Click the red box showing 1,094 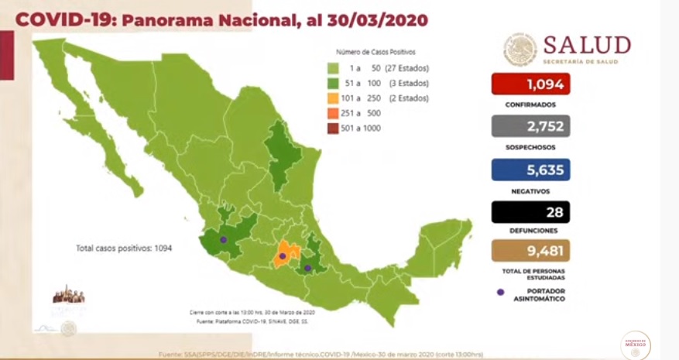pos(530,84)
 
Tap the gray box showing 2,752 pos(530,126)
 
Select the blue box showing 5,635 pos(530,170)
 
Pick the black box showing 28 pos(530,211)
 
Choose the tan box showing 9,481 pos(530,250)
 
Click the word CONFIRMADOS pos(530,104)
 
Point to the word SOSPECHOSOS pos(530,147)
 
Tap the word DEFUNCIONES pos(530,231)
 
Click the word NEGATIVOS pos(530,190)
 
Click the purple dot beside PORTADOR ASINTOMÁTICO pos(500,292)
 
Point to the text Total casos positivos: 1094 pos(123,249)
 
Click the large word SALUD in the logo pos(586,45)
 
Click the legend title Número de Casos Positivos pos(376,52)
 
